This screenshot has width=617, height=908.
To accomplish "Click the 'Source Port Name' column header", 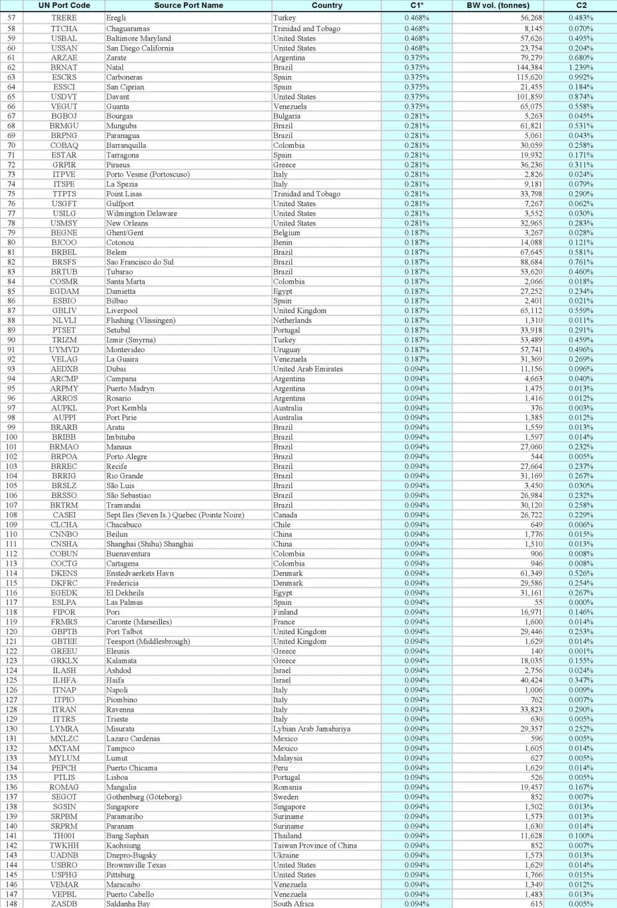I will pyautogui.click(x=188, y=5).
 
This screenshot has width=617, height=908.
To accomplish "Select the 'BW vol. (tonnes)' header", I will pyautogui.click(x=498, y=5).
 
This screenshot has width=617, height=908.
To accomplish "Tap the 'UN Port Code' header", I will pyautogui.click(x=64, y=5).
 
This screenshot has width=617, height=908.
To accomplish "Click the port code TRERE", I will pyautogui.click(x=64, y=18).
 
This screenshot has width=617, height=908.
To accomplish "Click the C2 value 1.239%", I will pyautogui.click(x=581, y=68).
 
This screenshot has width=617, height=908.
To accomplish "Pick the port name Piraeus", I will pyautogui.click(x=118, y=165).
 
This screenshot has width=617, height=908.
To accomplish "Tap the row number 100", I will pyautogui.click(x=11, y=437).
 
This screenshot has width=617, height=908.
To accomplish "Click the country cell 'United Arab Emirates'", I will pyautogui.click(x=308, y=369).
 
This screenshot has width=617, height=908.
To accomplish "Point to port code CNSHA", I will pyautogui.click(x=64, y=544).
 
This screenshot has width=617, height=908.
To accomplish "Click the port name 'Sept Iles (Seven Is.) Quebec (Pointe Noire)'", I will pyautogui.click(x=175, y=515).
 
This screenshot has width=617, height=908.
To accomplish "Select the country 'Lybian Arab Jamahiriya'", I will pyautogui.click(x=312, y=729).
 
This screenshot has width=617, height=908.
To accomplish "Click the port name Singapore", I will pyautogui.click(x=122, y=807).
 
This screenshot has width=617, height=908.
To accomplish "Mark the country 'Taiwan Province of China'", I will pyautogui.click(x=314, y=846).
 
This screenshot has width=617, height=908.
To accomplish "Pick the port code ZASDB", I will pyautogui.click(x=64, y=904).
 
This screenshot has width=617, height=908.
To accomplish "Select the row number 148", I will pyautogui.click(x=11, y=904).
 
